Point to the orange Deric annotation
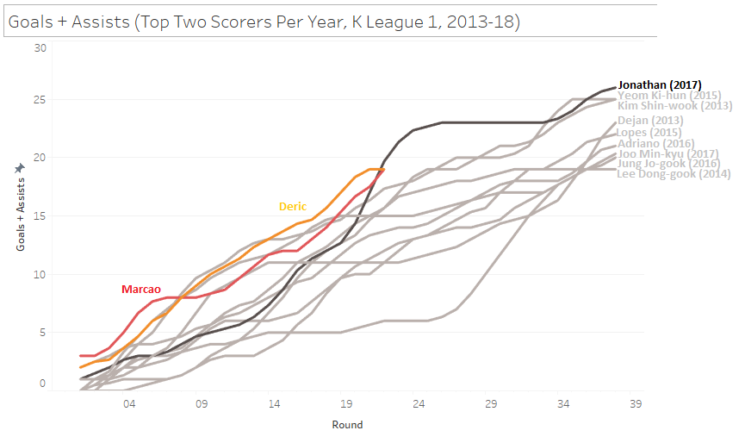coord(292,207)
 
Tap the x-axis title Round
coord(348,425)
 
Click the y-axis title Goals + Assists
coord(21,215)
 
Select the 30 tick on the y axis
coord(40,47)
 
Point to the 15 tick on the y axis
coord(40,216)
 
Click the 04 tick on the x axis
coord(129,402)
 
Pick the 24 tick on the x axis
coord(418,402)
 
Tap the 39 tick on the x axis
coord(636,402)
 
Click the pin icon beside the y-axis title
coord(21,169)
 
